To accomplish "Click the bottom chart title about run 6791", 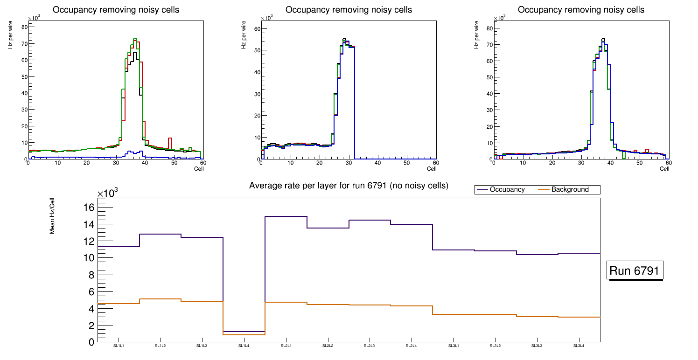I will click(349, 186).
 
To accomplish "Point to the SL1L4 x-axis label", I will click(244, 346).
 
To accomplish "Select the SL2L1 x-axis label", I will click(286, 346).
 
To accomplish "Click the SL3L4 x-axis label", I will click(579, 346).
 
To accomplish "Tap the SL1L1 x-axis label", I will click(119, 346).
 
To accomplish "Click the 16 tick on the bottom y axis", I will click(90, 207).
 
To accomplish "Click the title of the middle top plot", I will click(349, 10).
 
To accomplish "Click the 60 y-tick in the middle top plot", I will click(256, 29).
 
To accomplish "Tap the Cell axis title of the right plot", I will click(664, 169).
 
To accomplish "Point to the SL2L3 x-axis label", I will click(369, 346).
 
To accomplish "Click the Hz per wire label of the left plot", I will click(10, 37).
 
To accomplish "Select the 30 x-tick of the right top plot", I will click(581, 163).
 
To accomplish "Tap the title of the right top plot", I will click(581, 10).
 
